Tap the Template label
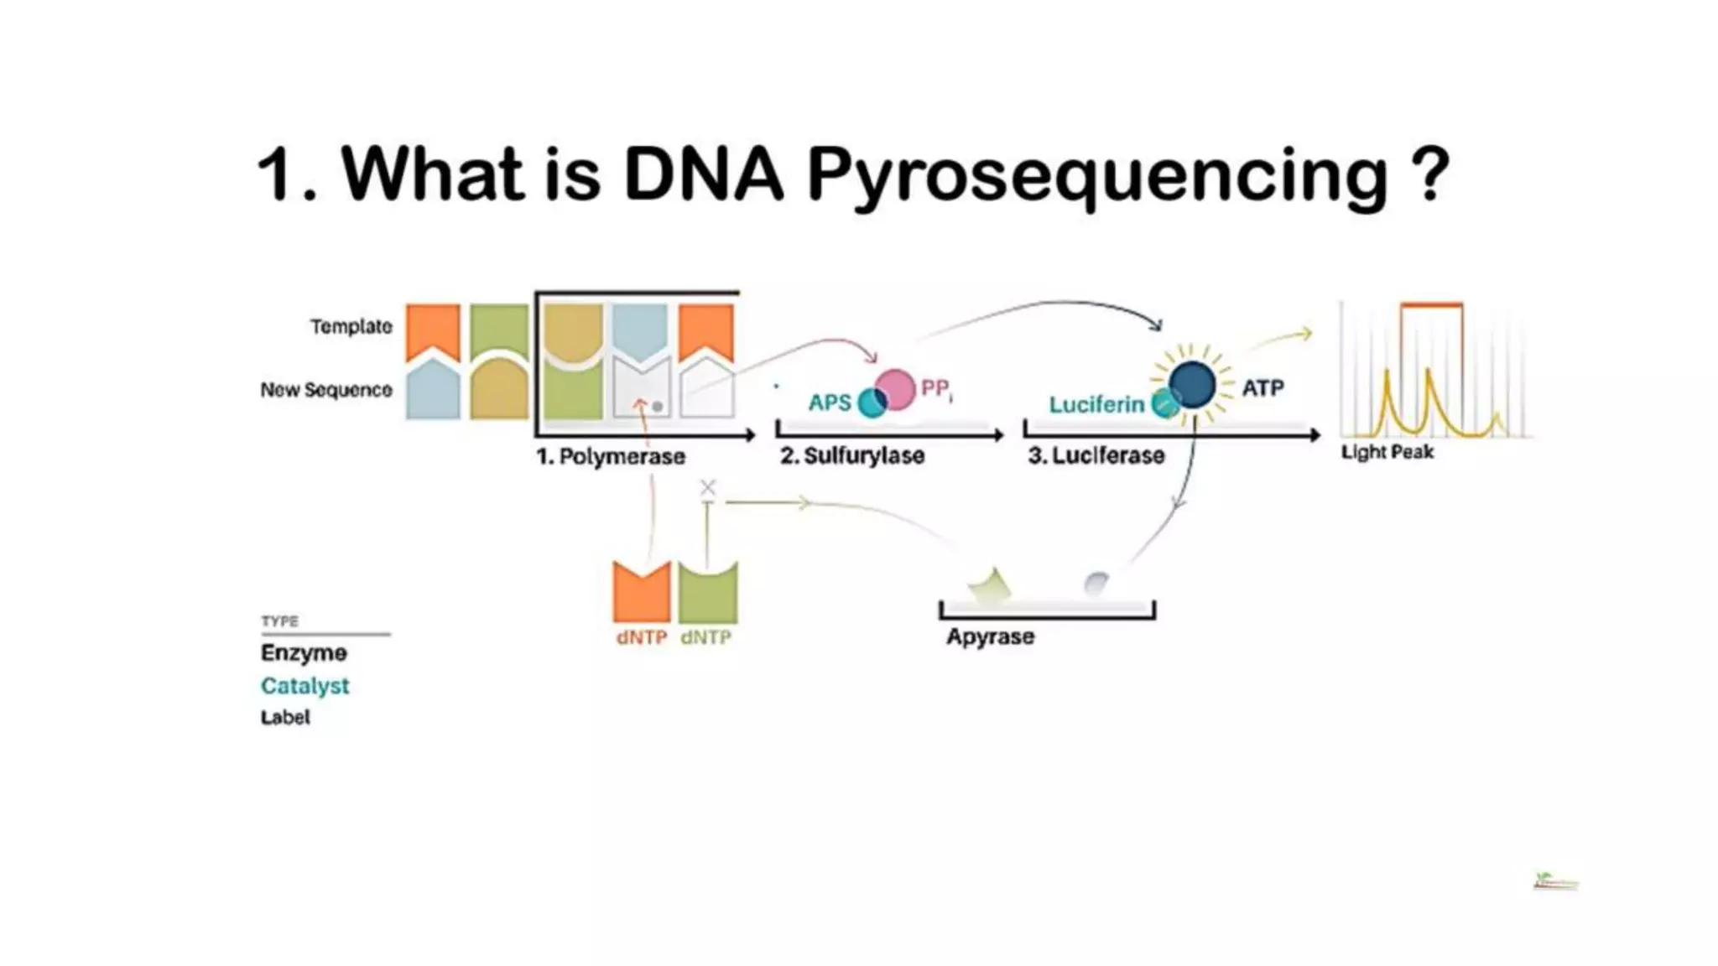pyautogui.click(x=351, y=326)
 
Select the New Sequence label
pyautogui.click(x=325, y=390)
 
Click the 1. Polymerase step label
pyautogui.click(x=611, y=456)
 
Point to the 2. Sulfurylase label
pyautogui.click(x=852, y=455)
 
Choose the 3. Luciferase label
pyautogui.click(x=1096, y=455)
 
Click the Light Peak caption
pyautogui.click(x=1387, y=452)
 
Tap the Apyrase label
pyautogui.click(x=990, y=636)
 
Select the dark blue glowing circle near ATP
pyautogui.click(x=1192, y=385)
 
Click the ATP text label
pyautogui.click(x=1262, y=388)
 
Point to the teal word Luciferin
pyautogui.click(x=1096, y=404)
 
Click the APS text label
pyautogui.click(x=830, y=402)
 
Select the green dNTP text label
pyautogui.click(x=705, y=637)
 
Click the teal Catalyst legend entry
pyautogui.click(x=305, y=686)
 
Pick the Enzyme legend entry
pyautogui.click(x=304, y=652)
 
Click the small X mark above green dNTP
pyautogui.click(x=708, y=487)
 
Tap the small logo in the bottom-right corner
pyautogui.click(x=1555, y=881)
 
